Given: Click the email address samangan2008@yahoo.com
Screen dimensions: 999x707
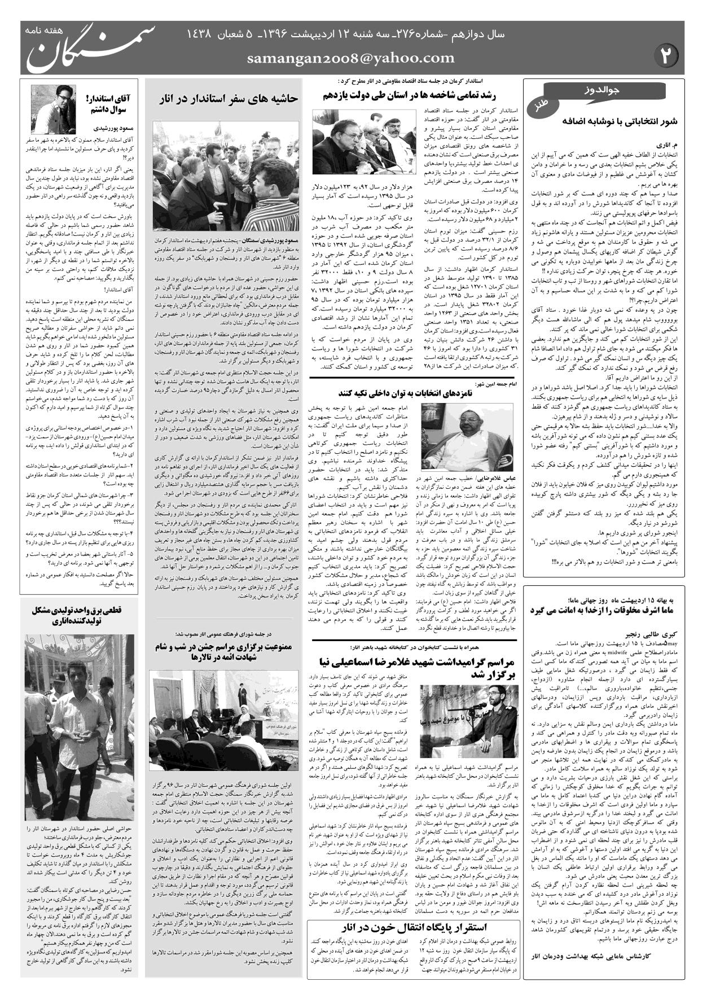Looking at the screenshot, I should coord(350,58).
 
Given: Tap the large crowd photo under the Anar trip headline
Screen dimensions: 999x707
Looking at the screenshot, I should coord(226,172).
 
